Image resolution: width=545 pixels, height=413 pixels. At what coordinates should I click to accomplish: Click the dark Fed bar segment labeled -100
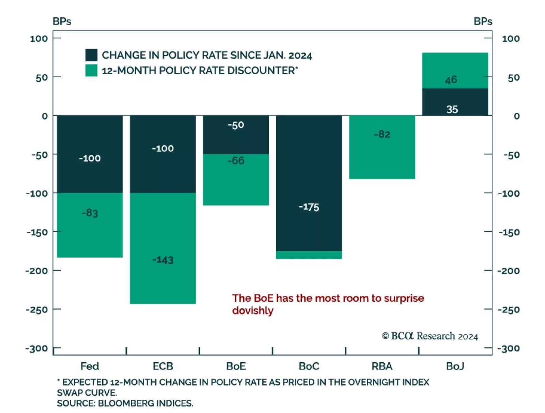click(x=90, y=154)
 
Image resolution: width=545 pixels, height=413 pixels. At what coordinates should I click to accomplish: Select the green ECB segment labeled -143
click(x=162, y=248)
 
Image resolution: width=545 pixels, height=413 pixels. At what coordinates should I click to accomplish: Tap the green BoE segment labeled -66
click(x=236, y=180)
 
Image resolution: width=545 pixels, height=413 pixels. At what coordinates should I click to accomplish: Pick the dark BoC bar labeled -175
click(x=309, y=183)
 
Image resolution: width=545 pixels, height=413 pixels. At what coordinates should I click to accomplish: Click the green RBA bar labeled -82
click(x=382, y=147)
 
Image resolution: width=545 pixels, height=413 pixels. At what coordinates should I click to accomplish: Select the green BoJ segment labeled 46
click(x=455, y=70)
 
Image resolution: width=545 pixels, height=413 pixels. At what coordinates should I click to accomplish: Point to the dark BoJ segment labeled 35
click(x=455, y=102)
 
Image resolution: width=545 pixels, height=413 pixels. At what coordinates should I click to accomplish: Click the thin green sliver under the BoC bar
click(x=309, y=255)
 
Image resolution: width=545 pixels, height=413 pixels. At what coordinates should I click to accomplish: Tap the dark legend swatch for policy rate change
click(x=91, y=55)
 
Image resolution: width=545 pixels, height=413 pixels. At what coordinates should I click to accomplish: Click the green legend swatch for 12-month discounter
click(x=91, y=70)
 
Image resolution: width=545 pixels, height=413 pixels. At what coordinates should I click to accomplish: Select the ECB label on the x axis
click(x=162, y=366)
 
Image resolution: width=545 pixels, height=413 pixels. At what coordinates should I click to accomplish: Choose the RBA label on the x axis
click(x=382, y=366)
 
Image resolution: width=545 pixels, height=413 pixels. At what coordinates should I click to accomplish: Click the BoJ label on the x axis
click(x=455, y=366)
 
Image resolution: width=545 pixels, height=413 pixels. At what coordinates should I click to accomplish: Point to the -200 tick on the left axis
click(x=36, y=271)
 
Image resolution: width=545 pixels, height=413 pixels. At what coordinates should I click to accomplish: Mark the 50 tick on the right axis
click(x=514, y=78)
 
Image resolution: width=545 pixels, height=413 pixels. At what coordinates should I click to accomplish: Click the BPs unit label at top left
click(x=62, y=21)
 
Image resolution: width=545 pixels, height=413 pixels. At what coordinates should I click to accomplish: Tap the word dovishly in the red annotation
click(x=253, y=311)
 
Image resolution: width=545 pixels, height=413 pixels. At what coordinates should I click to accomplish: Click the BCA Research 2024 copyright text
click(x=430, y=336)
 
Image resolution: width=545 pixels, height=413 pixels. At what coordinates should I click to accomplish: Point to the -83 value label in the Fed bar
click(x=90, y=213)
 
